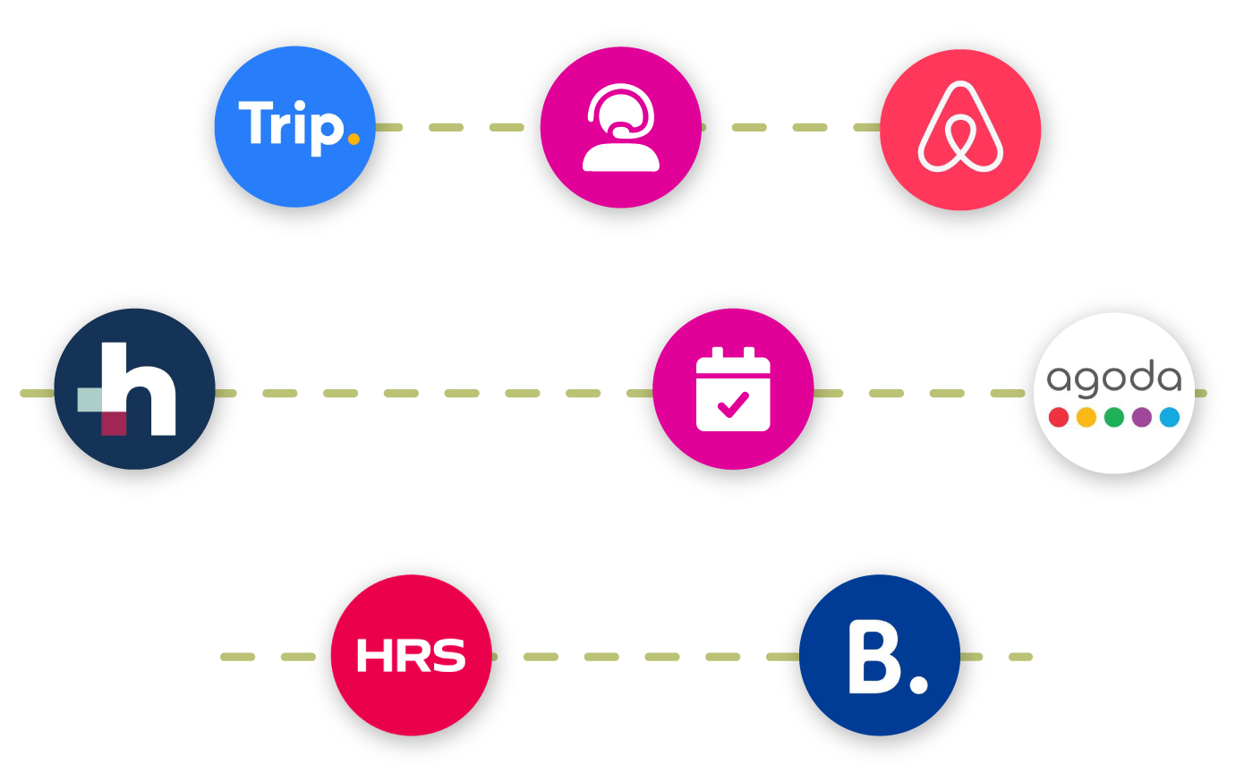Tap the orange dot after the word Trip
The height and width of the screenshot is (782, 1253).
[x=354, y=139]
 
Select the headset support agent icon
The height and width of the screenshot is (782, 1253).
[x=620, y=127]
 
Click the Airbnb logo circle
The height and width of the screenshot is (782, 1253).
[x=960, y=130]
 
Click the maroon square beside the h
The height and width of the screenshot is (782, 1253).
[x=114, y=423]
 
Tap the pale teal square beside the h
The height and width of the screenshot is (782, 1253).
[x=89, y=400]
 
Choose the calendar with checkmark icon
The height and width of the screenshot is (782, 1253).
[x=733, y=389]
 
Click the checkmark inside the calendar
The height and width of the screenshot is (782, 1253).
[x=733, y=405]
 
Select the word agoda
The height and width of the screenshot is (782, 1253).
[x=1114, y=379]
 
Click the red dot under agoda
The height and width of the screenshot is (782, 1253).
[x=1059, y=417]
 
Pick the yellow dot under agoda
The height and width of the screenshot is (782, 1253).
[x=1087, y=417]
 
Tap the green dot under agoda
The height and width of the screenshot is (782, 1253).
[x=1114, y=417]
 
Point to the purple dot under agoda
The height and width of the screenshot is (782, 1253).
[x=1142, y=417]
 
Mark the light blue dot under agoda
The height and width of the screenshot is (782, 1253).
[x=1170, y=417]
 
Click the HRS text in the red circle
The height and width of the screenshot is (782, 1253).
[x=411, y=656]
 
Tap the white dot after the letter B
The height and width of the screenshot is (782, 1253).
[x=918, y=684]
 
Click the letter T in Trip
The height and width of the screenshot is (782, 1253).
[x=254, y=123]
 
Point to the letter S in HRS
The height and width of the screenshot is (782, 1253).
[x=448, y=656]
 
